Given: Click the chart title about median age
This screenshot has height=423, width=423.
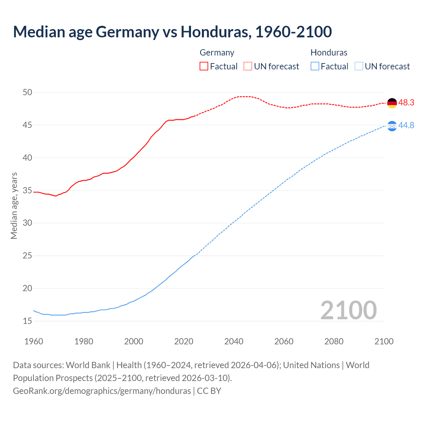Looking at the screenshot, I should tap(172, 32).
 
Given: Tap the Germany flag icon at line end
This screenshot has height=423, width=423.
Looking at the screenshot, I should tap(392, 103).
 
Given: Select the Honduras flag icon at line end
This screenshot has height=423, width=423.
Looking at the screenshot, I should tap(392, 126).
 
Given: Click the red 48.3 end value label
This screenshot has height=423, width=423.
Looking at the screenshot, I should tap(406, 103).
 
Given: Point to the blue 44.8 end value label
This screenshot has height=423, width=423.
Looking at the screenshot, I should tap(406, 126).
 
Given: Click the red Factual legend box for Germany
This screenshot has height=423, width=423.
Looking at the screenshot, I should tap(204, 66).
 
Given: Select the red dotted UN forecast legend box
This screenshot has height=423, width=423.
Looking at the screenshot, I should tap(248, 66).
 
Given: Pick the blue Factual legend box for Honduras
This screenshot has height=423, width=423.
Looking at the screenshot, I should tap(315, 66).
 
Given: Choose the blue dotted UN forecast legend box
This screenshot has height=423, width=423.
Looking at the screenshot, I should tap(359, 66).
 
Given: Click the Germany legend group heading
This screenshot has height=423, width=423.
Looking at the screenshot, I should tap(217, 53).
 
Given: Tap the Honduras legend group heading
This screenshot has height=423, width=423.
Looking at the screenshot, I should tap(329, 53).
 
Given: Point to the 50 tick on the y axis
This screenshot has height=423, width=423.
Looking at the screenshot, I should tap(27, 93).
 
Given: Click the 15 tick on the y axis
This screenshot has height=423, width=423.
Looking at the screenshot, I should tap(27, 321).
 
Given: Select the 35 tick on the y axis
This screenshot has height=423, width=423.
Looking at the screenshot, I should tap(27, 191).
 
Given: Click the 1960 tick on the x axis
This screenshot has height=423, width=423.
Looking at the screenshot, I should tap(34, 341).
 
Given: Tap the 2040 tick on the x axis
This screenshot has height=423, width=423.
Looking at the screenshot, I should tap(234, 341).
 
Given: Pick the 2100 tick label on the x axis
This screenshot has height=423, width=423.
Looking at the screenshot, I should tap(384, 341).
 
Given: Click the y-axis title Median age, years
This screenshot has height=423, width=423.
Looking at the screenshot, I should tap(14, 206).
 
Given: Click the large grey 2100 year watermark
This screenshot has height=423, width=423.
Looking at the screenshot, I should tap(348, 310).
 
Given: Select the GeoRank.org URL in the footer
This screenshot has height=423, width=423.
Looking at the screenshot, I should tap(102, 391).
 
